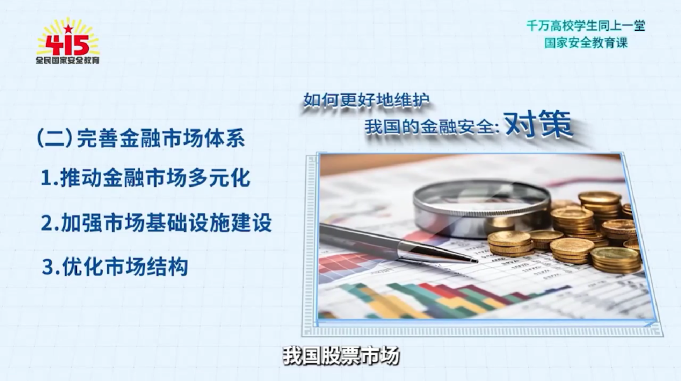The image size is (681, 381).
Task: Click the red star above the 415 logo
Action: point(68,30)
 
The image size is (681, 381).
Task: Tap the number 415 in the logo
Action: point(67,45)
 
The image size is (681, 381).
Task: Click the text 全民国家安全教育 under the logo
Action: point(67,60)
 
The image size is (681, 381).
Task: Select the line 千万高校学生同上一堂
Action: point(586,26)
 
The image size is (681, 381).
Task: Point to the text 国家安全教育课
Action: point(586,43)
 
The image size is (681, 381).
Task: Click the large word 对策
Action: point(538,124)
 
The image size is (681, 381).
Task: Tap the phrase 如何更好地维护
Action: point(366,100)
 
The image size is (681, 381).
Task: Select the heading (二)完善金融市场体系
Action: point(141,139)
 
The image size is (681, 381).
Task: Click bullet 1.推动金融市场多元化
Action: point(146,178)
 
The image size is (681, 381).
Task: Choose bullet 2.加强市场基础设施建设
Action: point(156,222)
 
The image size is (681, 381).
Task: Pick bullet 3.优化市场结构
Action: point(115,266)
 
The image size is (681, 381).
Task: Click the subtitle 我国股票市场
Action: point(341,356)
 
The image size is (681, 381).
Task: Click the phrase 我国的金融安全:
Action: point(432,127)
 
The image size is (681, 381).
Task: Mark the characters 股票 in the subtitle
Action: point(341,356)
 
